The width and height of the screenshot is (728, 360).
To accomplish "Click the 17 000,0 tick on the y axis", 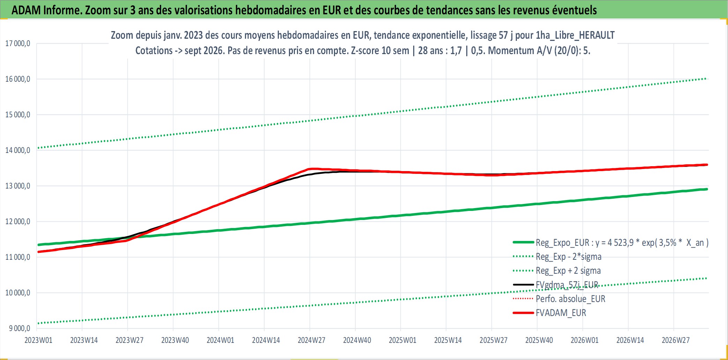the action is (17, 44).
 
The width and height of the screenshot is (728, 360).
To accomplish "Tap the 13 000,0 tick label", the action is (17, 186).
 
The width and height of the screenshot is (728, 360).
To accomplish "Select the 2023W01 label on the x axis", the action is (38, 340).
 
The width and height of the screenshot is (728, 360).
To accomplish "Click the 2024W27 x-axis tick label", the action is (311, 340).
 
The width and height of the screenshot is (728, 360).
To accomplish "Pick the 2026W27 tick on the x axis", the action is (676, 340).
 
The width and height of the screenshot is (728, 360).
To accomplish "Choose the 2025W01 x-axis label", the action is (402, 340).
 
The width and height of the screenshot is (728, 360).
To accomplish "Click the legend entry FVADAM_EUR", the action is (561, 313).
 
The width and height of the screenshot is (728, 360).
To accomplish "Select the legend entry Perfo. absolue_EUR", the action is (571, 299).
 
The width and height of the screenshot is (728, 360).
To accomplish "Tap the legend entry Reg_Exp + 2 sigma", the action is (568, 271).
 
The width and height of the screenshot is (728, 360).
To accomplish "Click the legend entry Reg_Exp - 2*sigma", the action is (569, 257).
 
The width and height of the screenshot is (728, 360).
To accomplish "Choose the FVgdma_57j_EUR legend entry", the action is (567, 285).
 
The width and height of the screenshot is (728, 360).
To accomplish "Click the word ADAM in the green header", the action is (26, 10).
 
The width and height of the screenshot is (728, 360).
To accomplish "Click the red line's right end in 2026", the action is (707, 165).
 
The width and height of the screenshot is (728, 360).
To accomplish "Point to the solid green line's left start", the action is (38, 245).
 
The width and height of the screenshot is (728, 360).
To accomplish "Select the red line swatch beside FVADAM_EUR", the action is (523, 313).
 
